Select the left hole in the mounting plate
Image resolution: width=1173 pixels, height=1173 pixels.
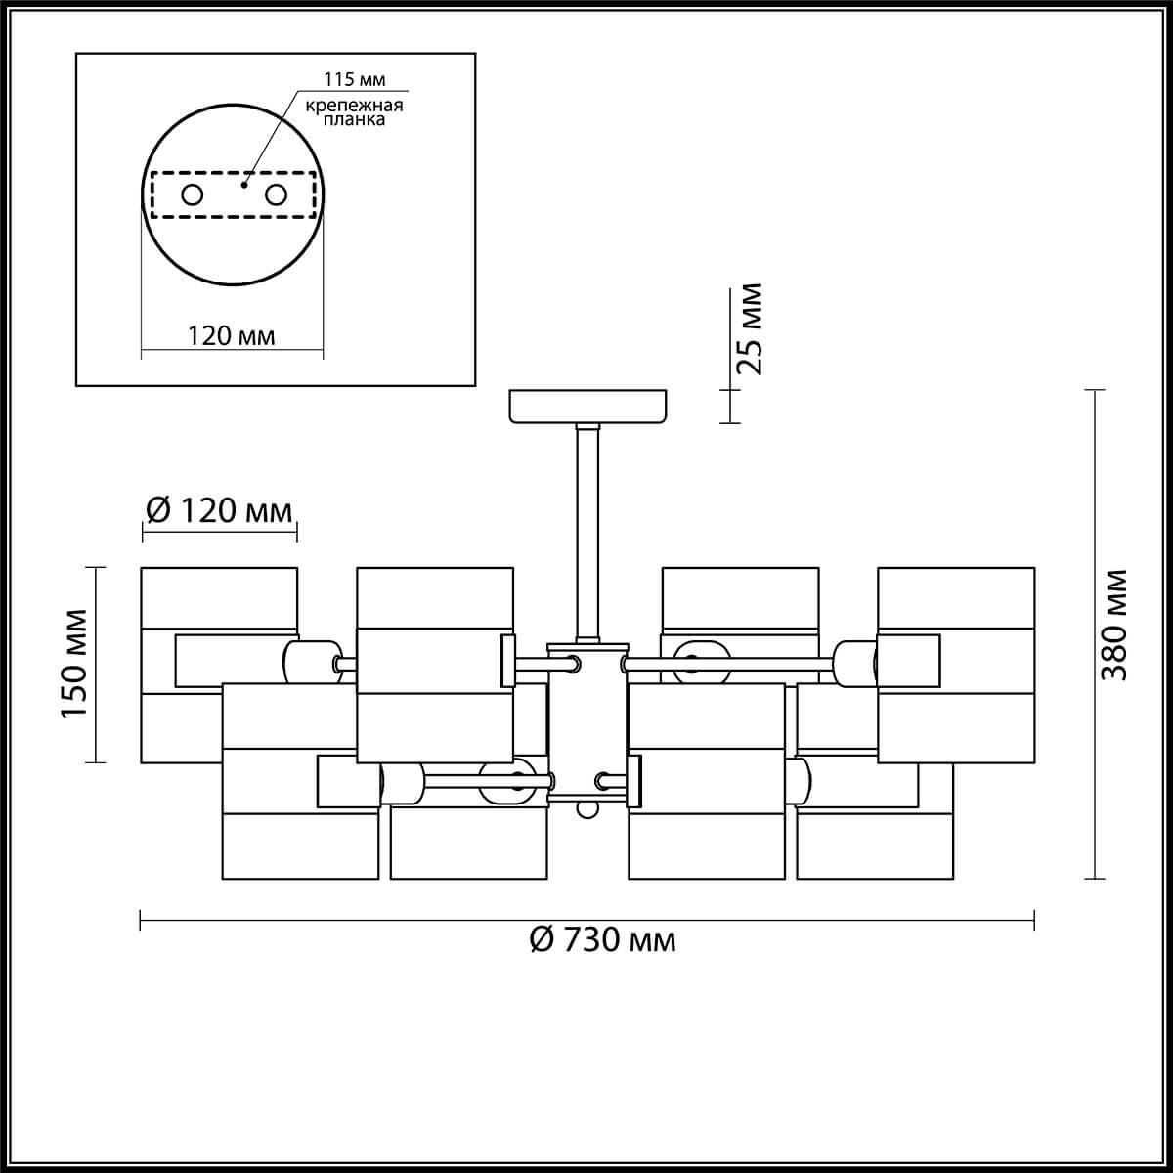pyautogui.click(x=193, y=195)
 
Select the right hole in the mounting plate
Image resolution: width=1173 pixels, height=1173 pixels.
pyautogui.click(x=277, y=195)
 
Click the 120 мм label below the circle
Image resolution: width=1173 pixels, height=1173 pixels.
pyautogui.click(x=232, y=336)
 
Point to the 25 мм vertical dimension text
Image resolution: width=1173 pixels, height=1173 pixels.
pyautogui.click(x=749, y=329)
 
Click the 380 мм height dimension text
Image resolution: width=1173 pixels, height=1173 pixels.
pyautogui.click(x=1112, y=626)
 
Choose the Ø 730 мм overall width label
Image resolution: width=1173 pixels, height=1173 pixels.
pyautogui.click(x=602, y=939)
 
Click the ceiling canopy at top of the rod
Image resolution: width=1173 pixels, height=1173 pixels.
pyautogui.click(x=587, y=406)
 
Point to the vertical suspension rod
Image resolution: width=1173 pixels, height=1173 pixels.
pyautogui.click(x=586, y=533)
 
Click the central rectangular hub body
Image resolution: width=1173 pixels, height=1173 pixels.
pyautogui.click(x=584, y=723)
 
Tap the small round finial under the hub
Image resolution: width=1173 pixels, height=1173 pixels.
pyautogui.click(x=586, y=809)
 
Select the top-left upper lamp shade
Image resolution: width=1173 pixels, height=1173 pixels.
pyautogui.click(x=219, y=598)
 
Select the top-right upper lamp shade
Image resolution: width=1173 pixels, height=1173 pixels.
pyautogui.click(x=956, y=598)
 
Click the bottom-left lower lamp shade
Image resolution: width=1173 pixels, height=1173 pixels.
pyautogui.click(x=300, y=847)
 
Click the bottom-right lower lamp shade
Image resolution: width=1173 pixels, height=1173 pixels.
pyautogui.click(x=874, y=847)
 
